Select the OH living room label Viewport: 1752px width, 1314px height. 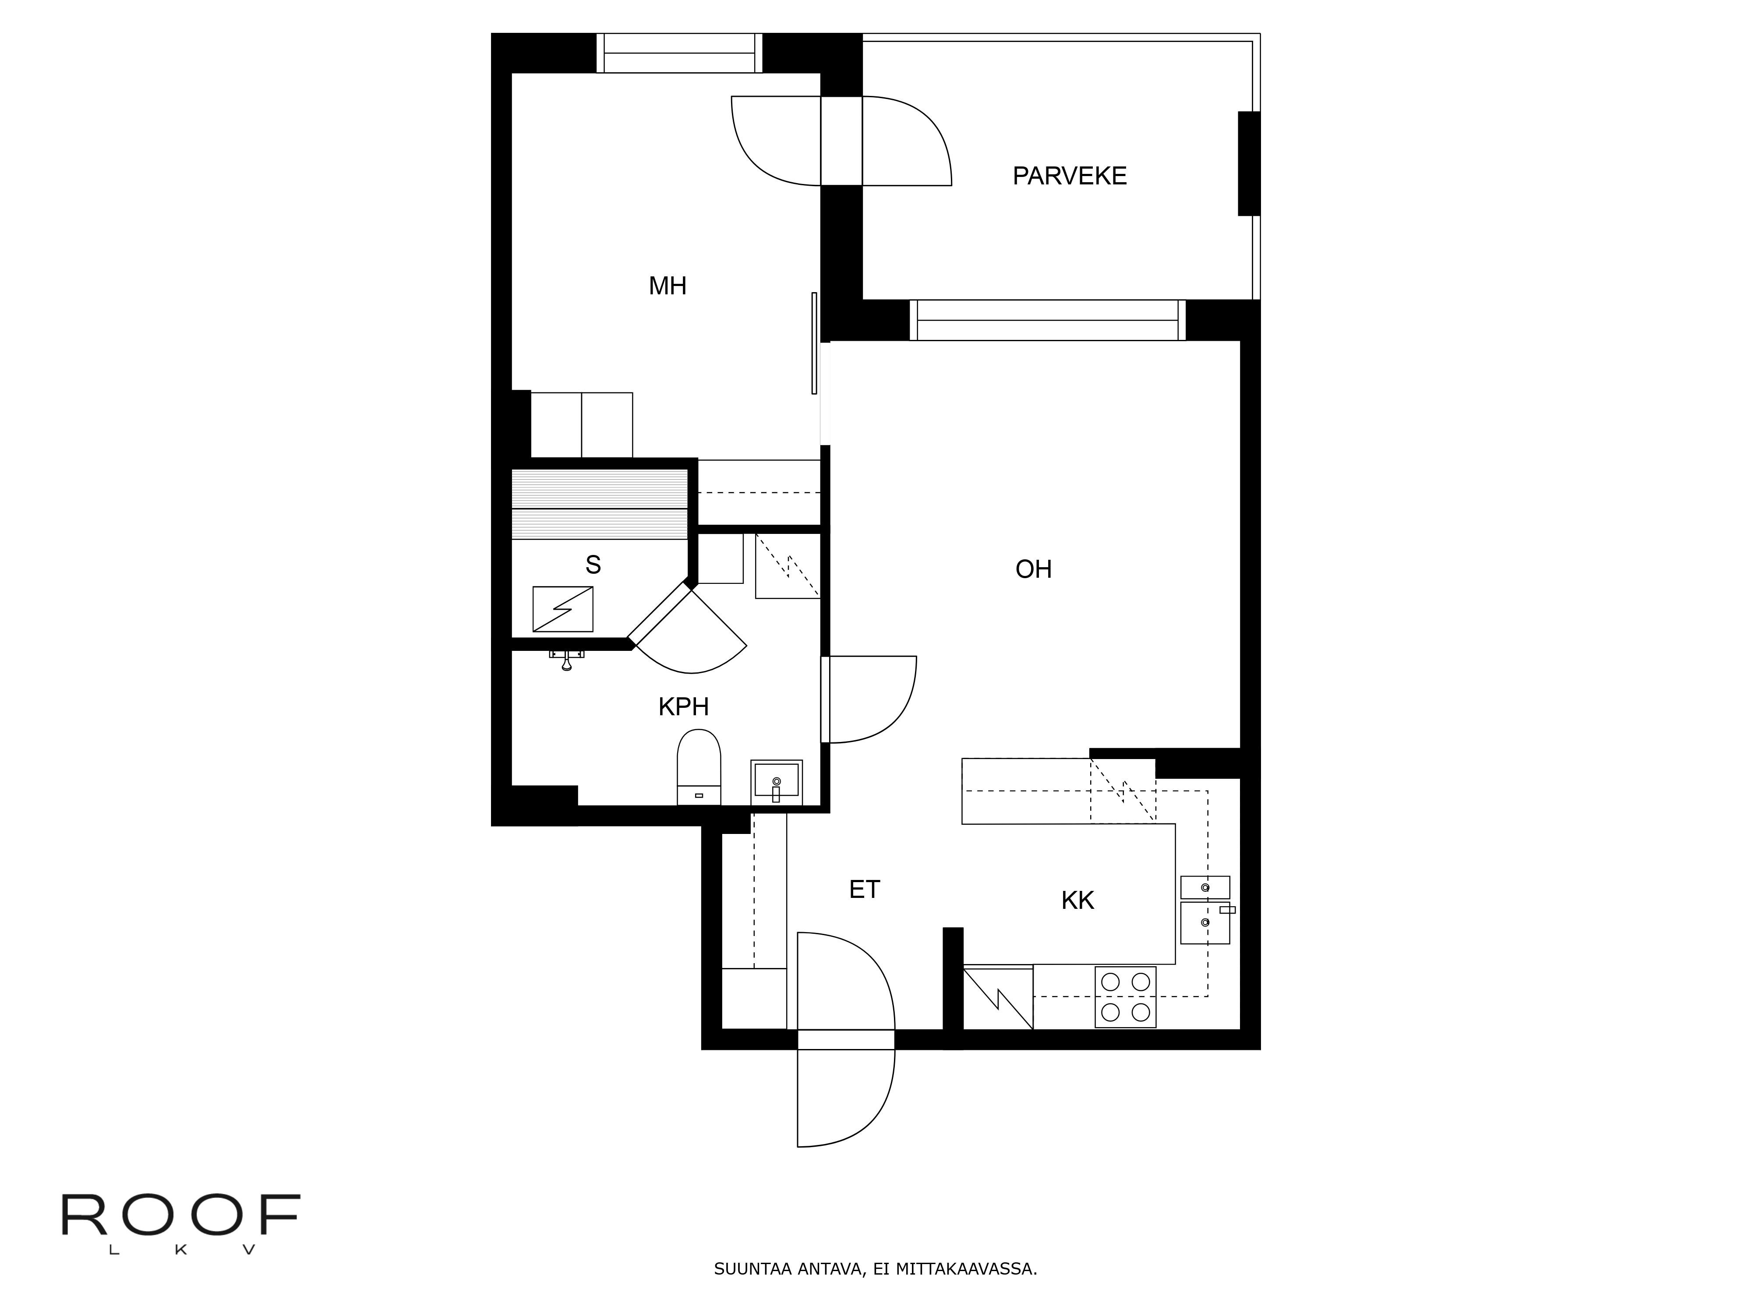coord(1033,569)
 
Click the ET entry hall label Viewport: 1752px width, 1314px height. coord(864,890)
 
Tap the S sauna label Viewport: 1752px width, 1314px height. coord(593,565)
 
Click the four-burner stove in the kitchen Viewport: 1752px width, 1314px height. coord(1125,997)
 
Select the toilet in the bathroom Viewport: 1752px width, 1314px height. coord(699,766)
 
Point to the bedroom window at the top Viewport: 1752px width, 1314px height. coord(679,53)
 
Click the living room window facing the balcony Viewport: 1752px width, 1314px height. coord(1047,320)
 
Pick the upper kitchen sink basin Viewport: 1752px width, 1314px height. coord(1204,887)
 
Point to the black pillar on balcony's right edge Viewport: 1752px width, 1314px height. coord(1248,163)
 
